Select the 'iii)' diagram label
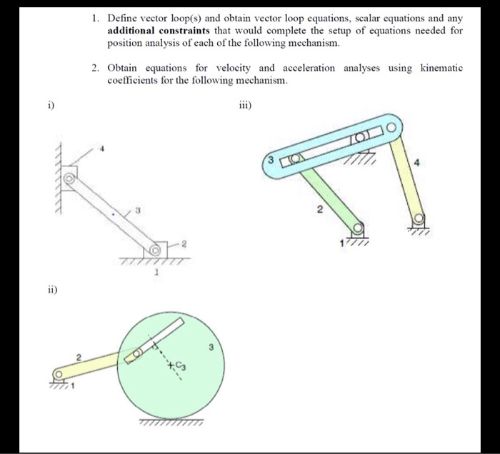point(244,107)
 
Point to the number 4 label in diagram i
point(102,150)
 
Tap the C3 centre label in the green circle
point(174,366)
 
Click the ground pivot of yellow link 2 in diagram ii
point(59,373)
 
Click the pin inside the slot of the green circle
point(134,354)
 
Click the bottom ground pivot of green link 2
point(356,228)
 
